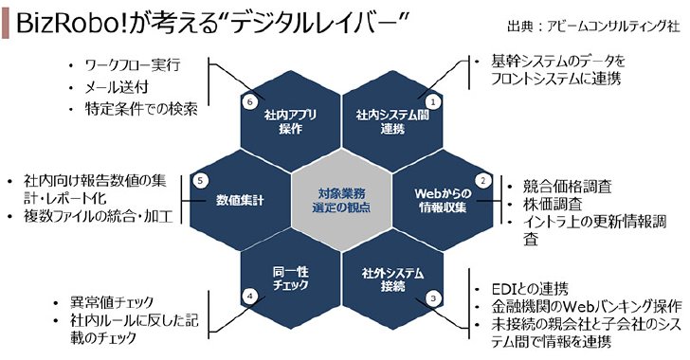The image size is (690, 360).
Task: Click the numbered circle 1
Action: pos(433,102)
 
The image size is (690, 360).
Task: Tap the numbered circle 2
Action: pos(482,180)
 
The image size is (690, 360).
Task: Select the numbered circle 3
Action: pos(433,298)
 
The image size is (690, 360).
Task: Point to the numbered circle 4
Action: pos(250,297)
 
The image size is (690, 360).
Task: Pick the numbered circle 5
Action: pos(200,180)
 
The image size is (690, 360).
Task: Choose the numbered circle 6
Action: pos(250,102)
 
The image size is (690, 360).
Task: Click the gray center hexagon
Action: pos(341,200)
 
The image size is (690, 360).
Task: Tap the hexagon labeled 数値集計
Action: pos(241,200)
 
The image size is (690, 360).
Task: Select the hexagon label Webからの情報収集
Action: pos(443,200)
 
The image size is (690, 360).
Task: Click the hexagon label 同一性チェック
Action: pos(290,279)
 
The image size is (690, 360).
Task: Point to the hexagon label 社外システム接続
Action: pos(392,279)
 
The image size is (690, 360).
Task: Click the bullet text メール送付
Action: pos(117,87)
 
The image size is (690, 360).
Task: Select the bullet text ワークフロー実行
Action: pos(133,65)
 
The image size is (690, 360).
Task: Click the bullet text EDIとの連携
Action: pos(530,289)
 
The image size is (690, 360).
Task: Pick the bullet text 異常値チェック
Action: pos(112,303)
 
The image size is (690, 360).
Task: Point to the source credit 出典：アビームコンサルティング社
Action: pos(593,26)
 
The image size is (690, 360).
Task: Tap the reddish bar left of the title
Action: pos(6,24)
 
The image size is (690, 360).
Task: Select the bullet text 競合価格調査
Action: pos(567,187)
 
